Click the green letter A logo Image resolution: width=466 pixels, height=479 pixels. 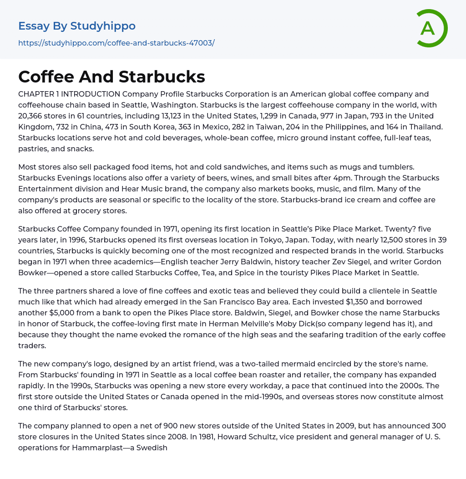pyautogui.click(x=431, y=28)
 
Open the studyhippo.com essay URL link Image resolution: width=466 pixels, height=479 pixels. pyautogui.click(x=116, y=43)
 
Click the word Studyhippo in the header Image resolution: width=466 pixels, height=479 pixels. pyautogui.click(x=103, y=26)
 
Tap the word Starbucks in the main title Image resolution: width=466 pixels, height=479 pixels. pyautogui.click(x=162, y=77)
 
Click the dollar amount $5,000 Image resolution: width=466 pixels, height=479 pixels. pyautogui.click(x=63, y=313)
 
